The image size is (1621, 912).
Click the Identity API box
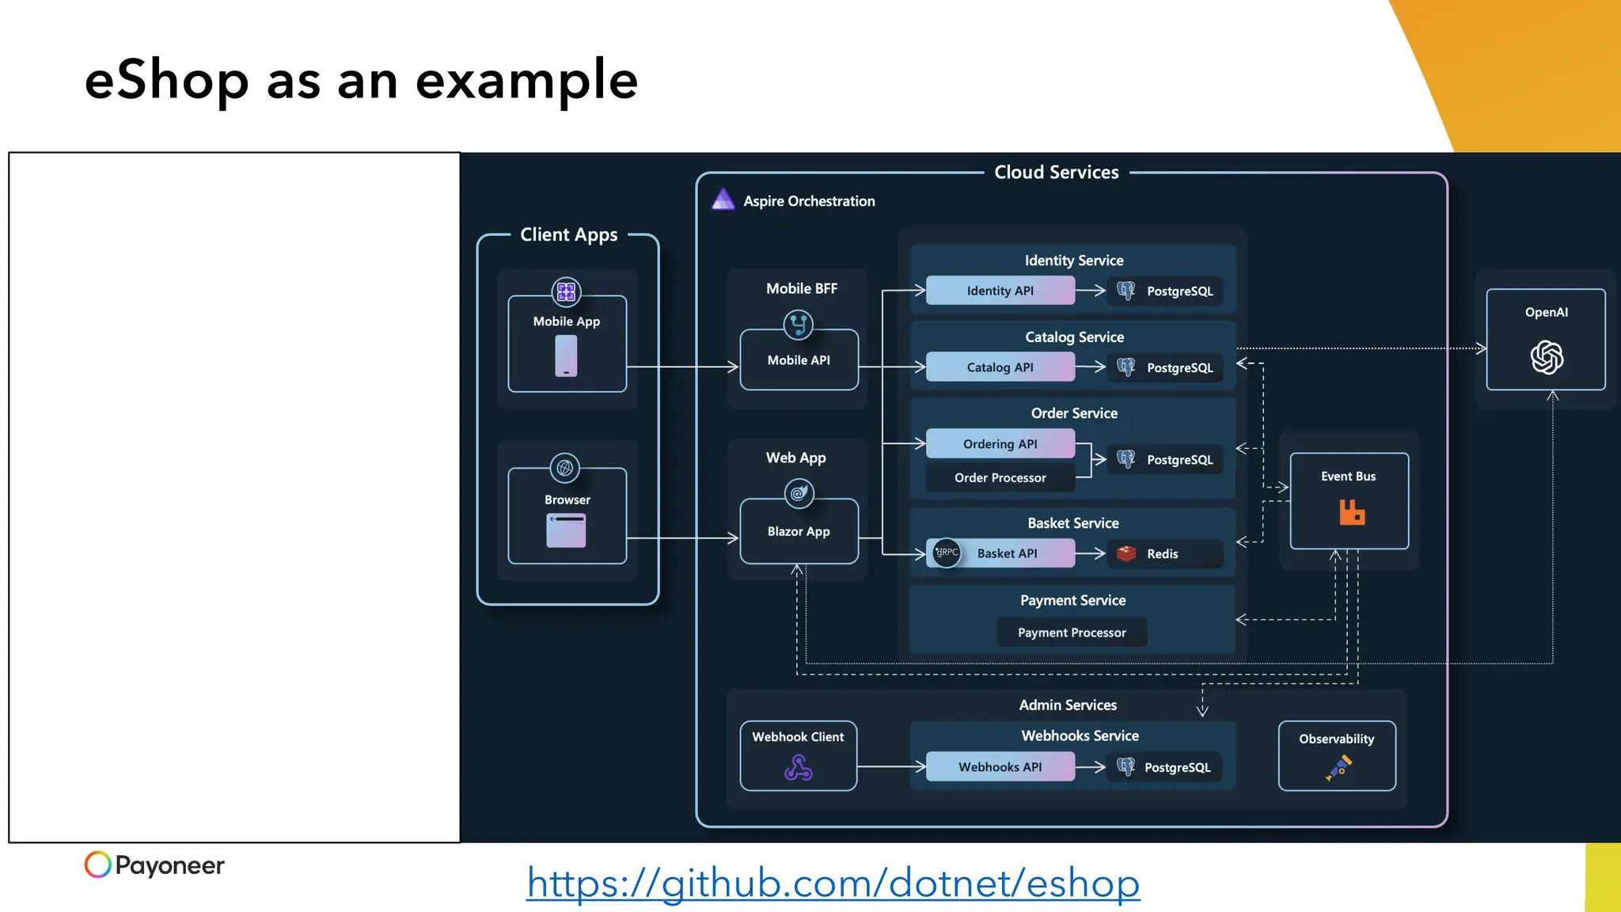1000,291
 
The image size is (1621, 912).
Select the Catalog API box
1000,367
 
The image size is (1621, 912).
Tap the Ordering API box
1000,444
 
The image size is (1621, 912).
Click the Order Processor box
1000,477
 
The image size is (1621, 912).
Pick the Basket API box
1006,553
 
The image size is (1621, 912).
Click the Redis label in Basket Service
1162,554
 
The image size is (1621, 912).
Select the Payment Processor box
1072,633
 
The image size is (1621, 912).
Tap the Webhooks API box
1000,766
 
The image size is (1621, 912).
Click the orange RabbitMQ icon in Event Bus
1351,512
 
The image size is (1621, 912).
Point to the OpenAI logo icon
1546,357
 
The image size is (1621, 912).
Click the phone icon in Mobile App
566,355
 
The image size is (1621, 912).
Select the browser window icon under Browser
566,530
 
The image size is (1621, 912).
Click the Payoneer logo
154,864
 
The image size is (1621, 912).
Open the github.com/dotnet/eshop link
833,883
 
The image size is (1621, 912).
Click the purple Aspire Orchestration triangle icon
723,199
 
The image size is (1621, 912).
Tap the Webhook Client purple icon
798,767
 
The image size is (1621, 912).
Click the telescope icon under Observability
1338,767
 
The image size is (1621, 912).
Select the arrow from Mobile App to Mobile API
682,367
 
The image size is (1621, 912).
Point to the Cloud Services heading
1056,173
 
